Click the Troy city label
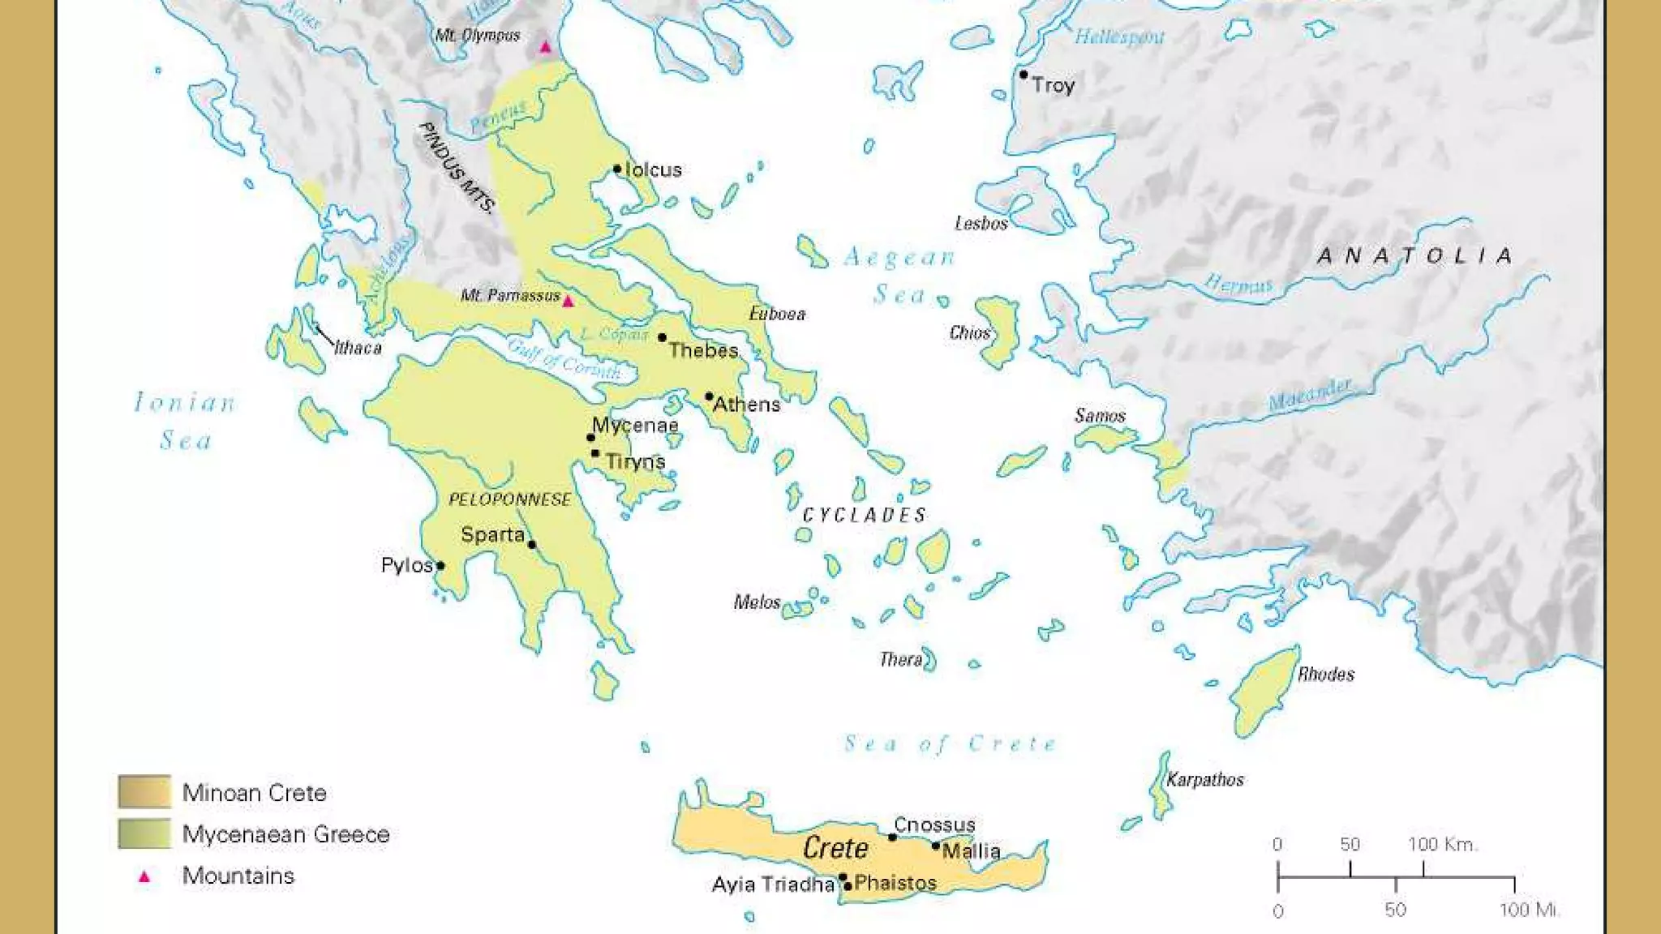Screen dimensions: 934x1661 pyautogui.click(x=1053, y=85)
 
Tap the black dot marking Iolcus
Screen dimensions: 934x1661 pyautogui.click(x=617, y=169)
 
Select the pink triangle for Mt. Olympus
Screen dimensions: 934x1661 pyautogui.click(x=546, y=47)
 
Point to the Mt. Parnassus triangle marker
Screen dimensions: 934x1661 pyautogui.click(x=569, y=302)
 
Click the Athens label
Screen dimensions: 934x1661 pyautogui.click(x=746, y=405)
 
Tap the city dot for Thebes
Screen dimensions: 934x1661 pyautogui.click(x=663, y=337)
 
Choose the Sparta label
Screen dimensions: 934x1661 pyautogui.click(x=492, y=535)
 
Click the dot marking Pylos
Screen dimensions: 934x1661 pyautogui.click(x=440, y=565)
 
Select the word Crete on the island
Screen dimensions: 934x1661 pyautogui.click(x=835, y=849)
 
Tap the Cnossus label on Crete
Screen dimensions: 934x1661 pyautogui.click(x=934, y=825)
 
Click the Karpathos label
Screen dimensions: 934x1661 pyautogui.click(x=1205, y=780)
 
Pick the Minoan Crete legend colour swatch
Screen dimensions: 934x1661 pyautogui.click(x=144, y=792)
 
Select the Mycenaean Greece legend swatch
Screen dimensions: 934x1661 pyautogui.click(x=144, y=833)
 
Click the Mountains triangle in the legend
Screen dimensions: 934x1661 pyautogui.click(x=144, y=876)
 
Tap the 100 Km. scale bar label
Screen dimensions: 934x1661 pyautogui.click(x=1443, y=845)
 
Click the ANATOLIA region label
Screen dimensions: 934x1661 pyautogui.click(x=1415, y=256)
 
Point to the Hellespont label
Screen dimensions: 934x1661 pyautogui.click(x=1119, y=36)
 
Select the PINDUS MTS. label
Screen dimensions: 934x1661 pyautogui.click(x=456, y=168)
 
